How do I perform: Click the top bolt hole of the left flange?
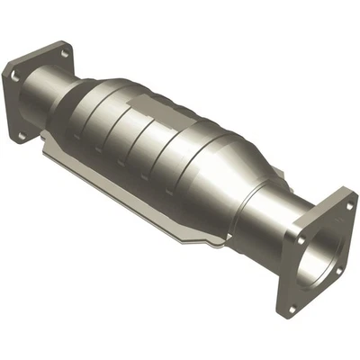pyautogui.click(x=65, y=53)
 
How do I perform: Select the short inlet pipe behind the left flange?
pyautogui.click(x=67, y=99)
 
